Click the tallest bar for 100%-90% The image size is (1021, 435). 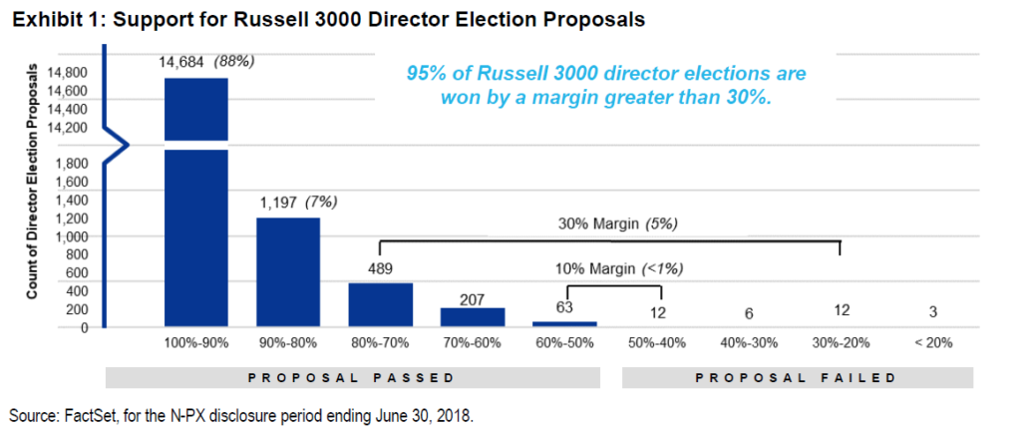point(195,200)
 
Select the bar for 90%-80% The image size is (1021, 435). point(287,271)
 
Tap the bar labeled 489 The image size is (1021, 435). point(380,304)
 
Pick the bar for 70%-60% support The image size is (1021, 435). point(473,316)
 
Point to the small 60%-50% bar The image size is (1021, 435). point(564,323)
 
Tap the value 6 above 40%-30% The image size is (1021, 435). point(749,313)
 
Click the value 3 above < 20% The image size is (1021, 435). point(933,313)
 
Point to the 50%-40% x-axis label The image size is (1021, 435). point(657,343)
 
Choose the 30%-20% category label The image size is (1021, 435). point(841,343)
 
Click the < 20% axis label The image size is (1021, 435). point(933,343)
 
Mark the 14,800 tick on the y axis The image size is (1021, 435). point(69,73)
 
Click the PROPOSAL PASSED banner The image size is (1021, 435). point(356,379)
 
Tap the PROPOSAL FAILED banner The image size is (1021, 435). point(797,379)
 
